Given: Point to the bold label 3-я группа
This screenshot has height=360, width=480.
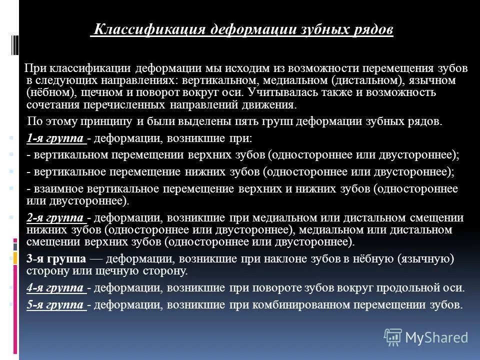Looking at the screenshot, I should click(x=56, y=259).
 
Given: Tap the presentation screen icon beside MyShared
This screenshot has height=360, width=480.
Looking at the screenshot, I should click(x=393, y=337).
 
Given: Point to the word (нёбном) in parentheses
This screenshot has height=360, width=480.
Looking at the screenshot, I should click(x=47, y=92).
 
